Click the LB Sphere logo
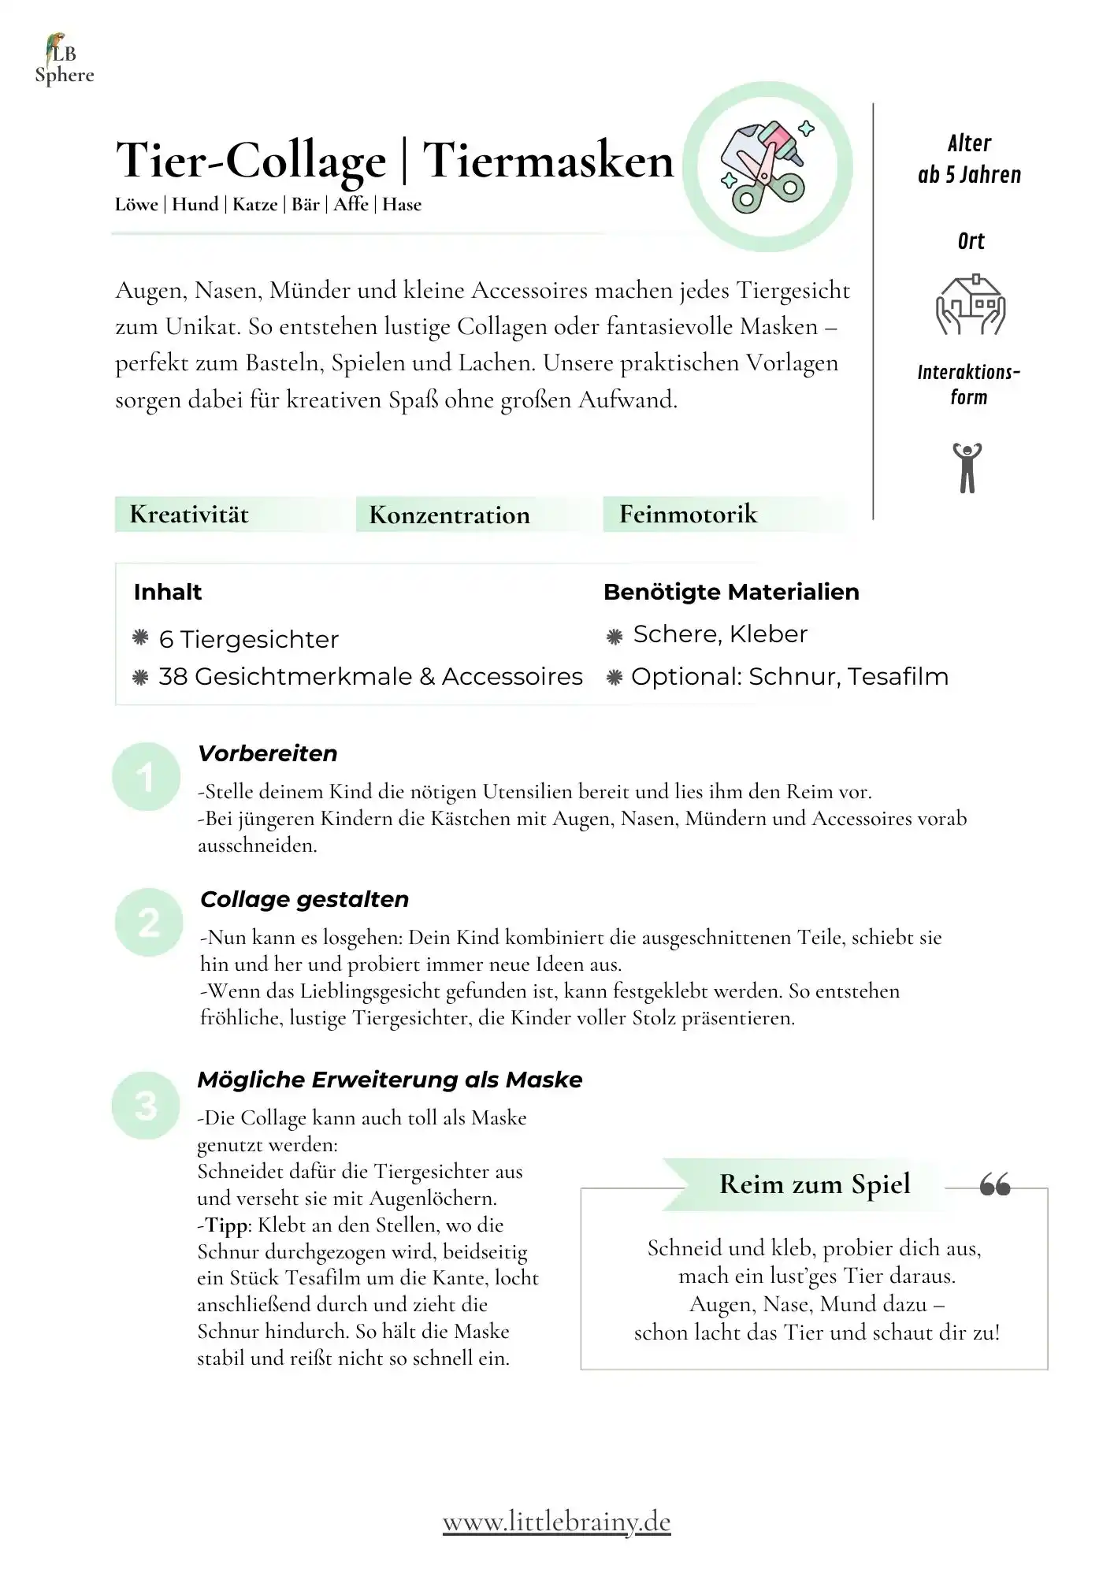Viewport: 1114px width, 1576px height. tap(64, 60)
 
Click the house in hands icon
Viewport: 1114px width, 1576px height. tap(971, 305)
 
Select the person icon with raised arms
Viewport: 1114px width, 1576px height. tap(967, 467)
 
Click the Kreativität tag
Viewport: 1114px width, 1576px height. tap(189, 515)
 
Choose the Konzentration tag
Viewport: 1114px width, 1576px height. tap(449, 515)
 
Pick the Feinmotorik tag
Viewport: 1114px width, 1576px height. tap(688, 515)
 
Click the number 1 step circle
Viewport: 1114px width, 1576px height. tap(146, 777)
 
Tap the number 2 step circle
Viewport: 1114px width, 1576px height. tap(148, 922)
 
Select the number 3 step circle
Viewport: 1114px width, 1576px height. tap(146, 1105)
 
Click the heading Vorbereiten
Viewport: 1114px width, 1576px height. tap(268, 753)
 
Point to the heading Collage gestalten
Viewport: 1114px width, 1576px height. tap(304, 899)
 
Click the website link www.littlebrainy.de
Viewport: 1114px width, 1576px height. tap(556, 1522)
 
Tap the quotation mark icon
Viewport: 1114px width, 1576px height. tap(995, 1184)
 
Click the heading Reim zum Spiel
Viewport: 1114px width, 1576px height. tap(815, 1184)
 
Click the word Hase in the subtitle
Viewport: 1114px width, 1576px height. tap(402, 205)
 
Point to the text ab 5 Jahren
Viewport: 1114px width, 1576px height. tap(969, 175)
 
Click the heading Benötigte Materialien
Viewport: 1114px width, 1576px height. tap(731, 592)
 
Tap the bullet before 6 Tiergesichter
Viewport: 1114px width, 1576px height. tap(141, 638)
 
